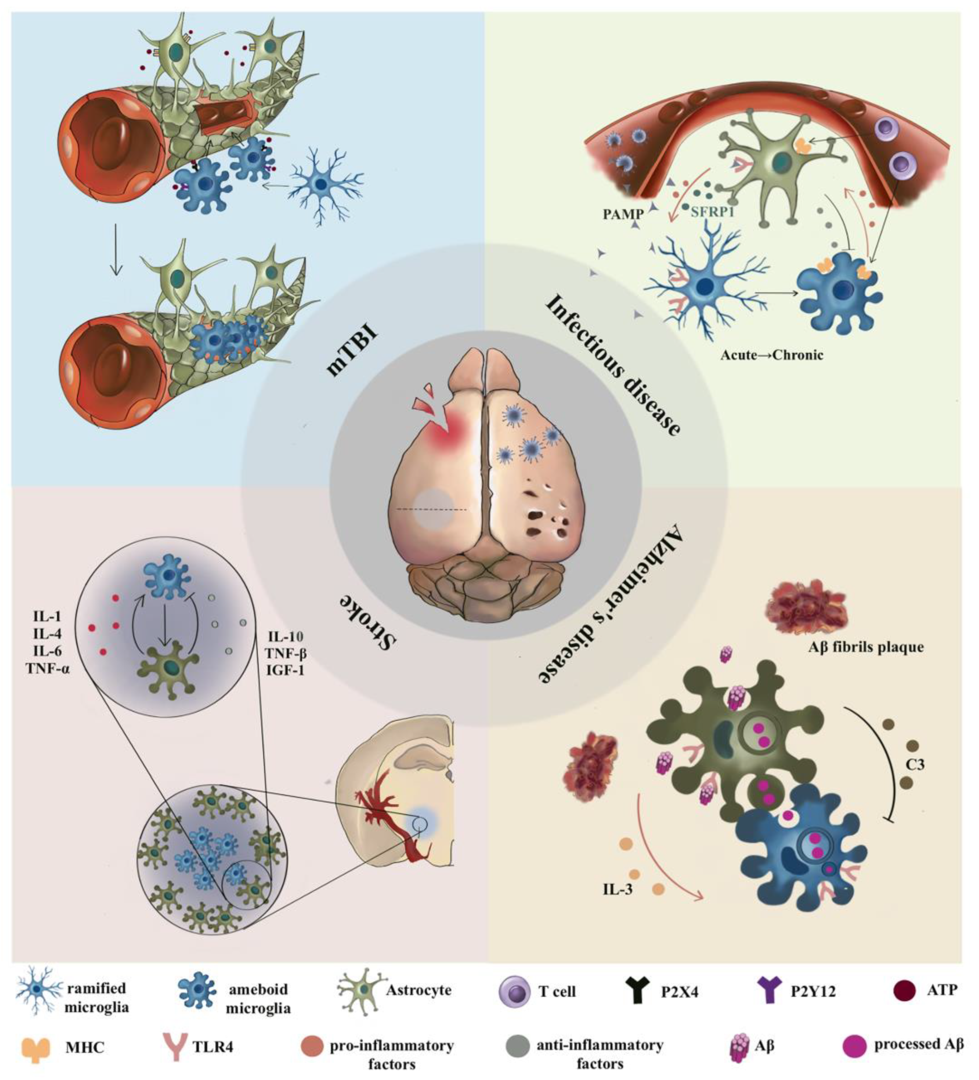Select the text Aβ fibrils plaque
point(866,647)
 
